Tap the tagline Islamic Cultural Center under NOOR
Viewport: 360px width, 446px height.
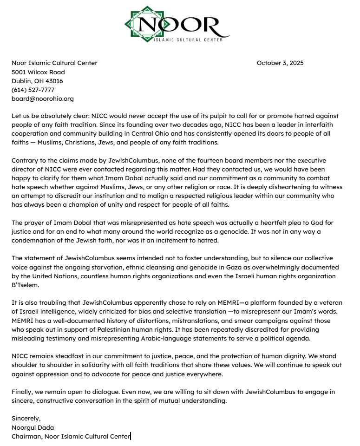click(x=188, y=40)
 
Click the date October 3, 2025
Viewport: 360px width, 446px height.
click(x=280, y=63)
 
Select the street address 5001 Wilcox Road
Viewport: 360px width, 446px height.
click(x=38, y=72)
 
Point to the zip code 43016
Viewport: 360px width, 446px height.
click(x=53, y=81)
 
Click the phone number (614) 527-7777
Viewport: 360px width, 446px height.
click(x=33, y=90)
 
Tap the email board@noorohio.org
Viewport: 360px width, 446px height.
click(x=43, y=98)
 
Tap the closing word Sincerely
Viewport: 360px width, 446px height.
click(x=26, y=419)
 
